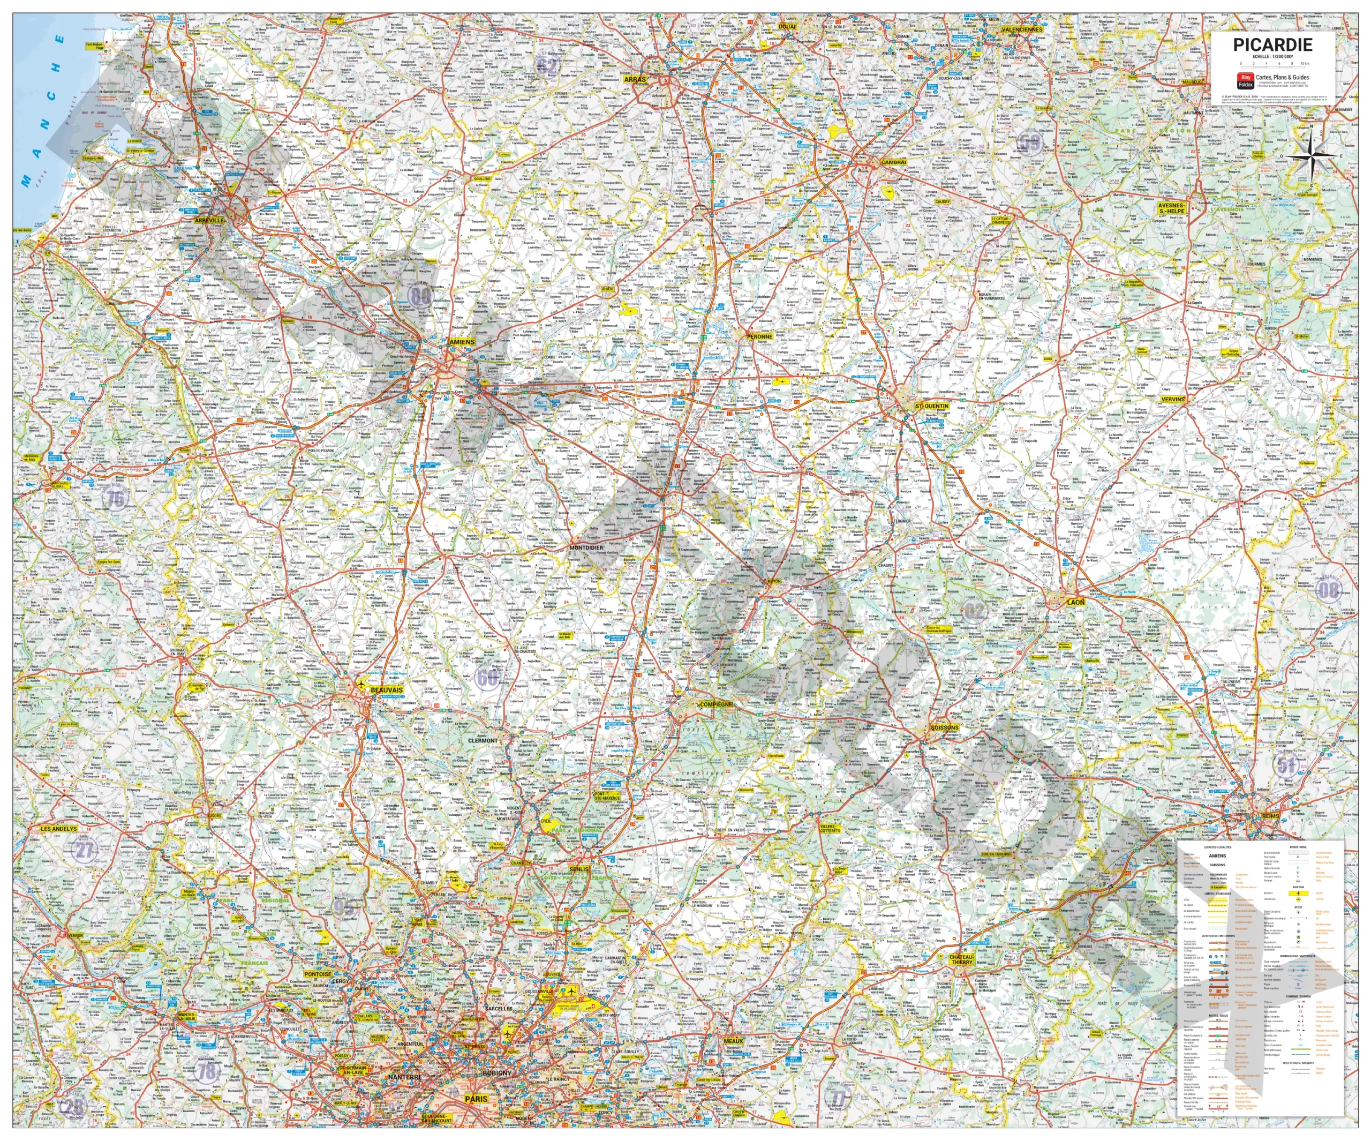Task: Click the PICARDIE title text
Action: (1272, 45)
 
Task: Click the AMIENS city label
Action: (462, 342)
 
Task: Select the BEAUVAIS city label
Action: (387, 690)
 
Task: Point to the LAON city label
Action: (1075, 602)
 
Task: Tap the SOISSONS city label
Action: (944, 727)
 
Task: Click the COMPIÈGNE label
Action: (716, 705)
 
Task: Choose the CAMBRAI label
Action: (893, 162)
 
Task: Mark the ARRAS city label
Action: (634, 79)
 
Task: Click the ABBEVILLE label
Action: (209, 221)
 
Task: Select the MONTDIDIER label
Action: (586, 548)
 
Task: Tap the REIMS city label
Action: (1270, 816)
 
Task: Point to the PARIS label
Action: (476, 1099)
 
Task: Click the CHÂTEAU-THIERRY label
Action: (962, 959)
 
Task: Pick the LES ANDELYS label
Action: (59, 829)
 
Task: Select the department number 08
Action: (1329, 590)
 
